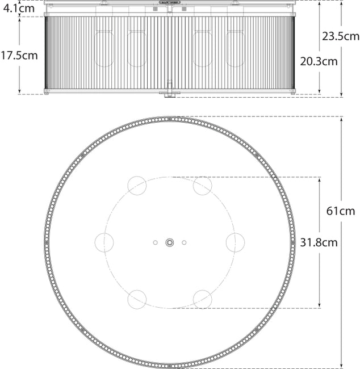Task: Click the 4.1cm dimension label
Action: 17,8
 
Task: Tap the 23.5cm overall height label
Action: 341,36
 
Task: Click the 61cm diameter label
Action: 341,211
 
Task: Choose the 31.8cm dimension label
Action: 319,242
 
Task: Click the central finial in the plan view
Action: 169,242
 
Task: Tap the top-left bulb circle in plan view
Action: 137,186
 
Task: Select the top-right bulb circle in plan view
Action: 202,186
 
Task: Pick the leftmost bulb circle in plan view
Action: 104,242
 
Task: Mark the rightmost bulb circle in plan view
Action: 235,242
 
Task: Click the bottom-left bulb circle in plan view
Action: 137,299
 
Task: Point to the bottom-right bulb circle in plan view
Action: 202,299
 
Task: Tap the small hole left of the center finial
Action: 155,242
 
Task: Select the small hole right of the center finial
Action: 184,242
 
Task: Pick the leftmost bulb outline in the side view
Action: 104,49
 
